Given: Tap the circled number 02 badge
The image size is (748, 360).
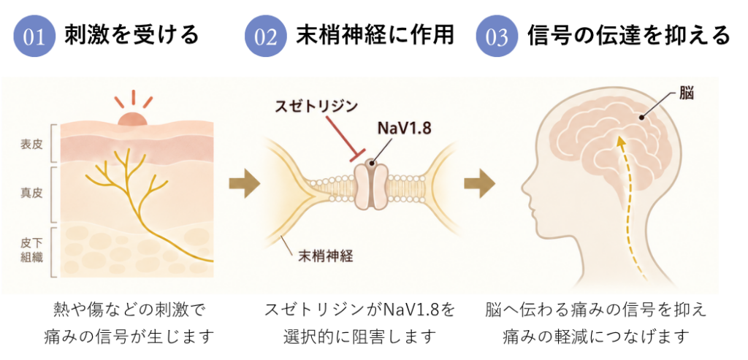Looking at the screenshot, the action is [x=265, y=37].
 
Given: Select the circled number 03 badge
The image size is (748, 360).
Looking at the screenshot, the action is [x=497, y=37].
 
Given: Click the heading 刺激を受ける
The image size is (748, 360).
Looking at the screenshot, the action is [x=131, y=35].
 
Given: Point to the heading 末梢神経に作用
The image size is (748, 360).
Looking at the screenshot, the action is [x=375, y=35].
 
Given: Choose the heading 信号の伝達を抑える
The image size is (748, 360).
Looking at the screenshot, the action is [x=628, y=35].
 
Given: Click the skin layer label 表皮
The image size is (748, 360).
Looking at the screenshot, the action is [x=31, y=144].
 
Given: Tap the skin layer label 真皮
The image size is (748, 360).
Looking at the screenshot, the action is [x=31, y=194].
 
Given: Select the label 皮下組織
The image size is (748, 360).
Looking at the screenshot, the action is [x=31, y=250].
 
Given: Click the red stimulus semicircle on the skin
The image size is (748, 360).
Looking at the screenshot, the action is [x=133, y=119].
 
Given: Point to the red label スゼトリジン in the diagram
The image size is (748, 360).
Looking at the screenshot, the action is [x=316, y=106].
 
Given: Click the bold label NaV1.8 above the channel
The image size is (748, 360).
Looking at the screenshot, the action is [x=402, y=129].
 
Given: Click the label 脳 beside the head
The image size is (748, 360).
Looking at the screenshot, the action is [x=687, y=93].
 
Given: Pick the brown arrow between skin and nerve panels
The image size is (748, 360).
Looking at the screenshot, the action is [x=245, y=183].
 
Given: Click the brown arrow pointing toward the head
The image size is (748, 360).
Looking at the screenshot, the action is [x=479, y=183].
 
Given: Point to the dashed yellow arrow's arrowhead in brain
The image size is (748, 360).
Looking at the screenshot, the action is [x=619, y=142].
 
